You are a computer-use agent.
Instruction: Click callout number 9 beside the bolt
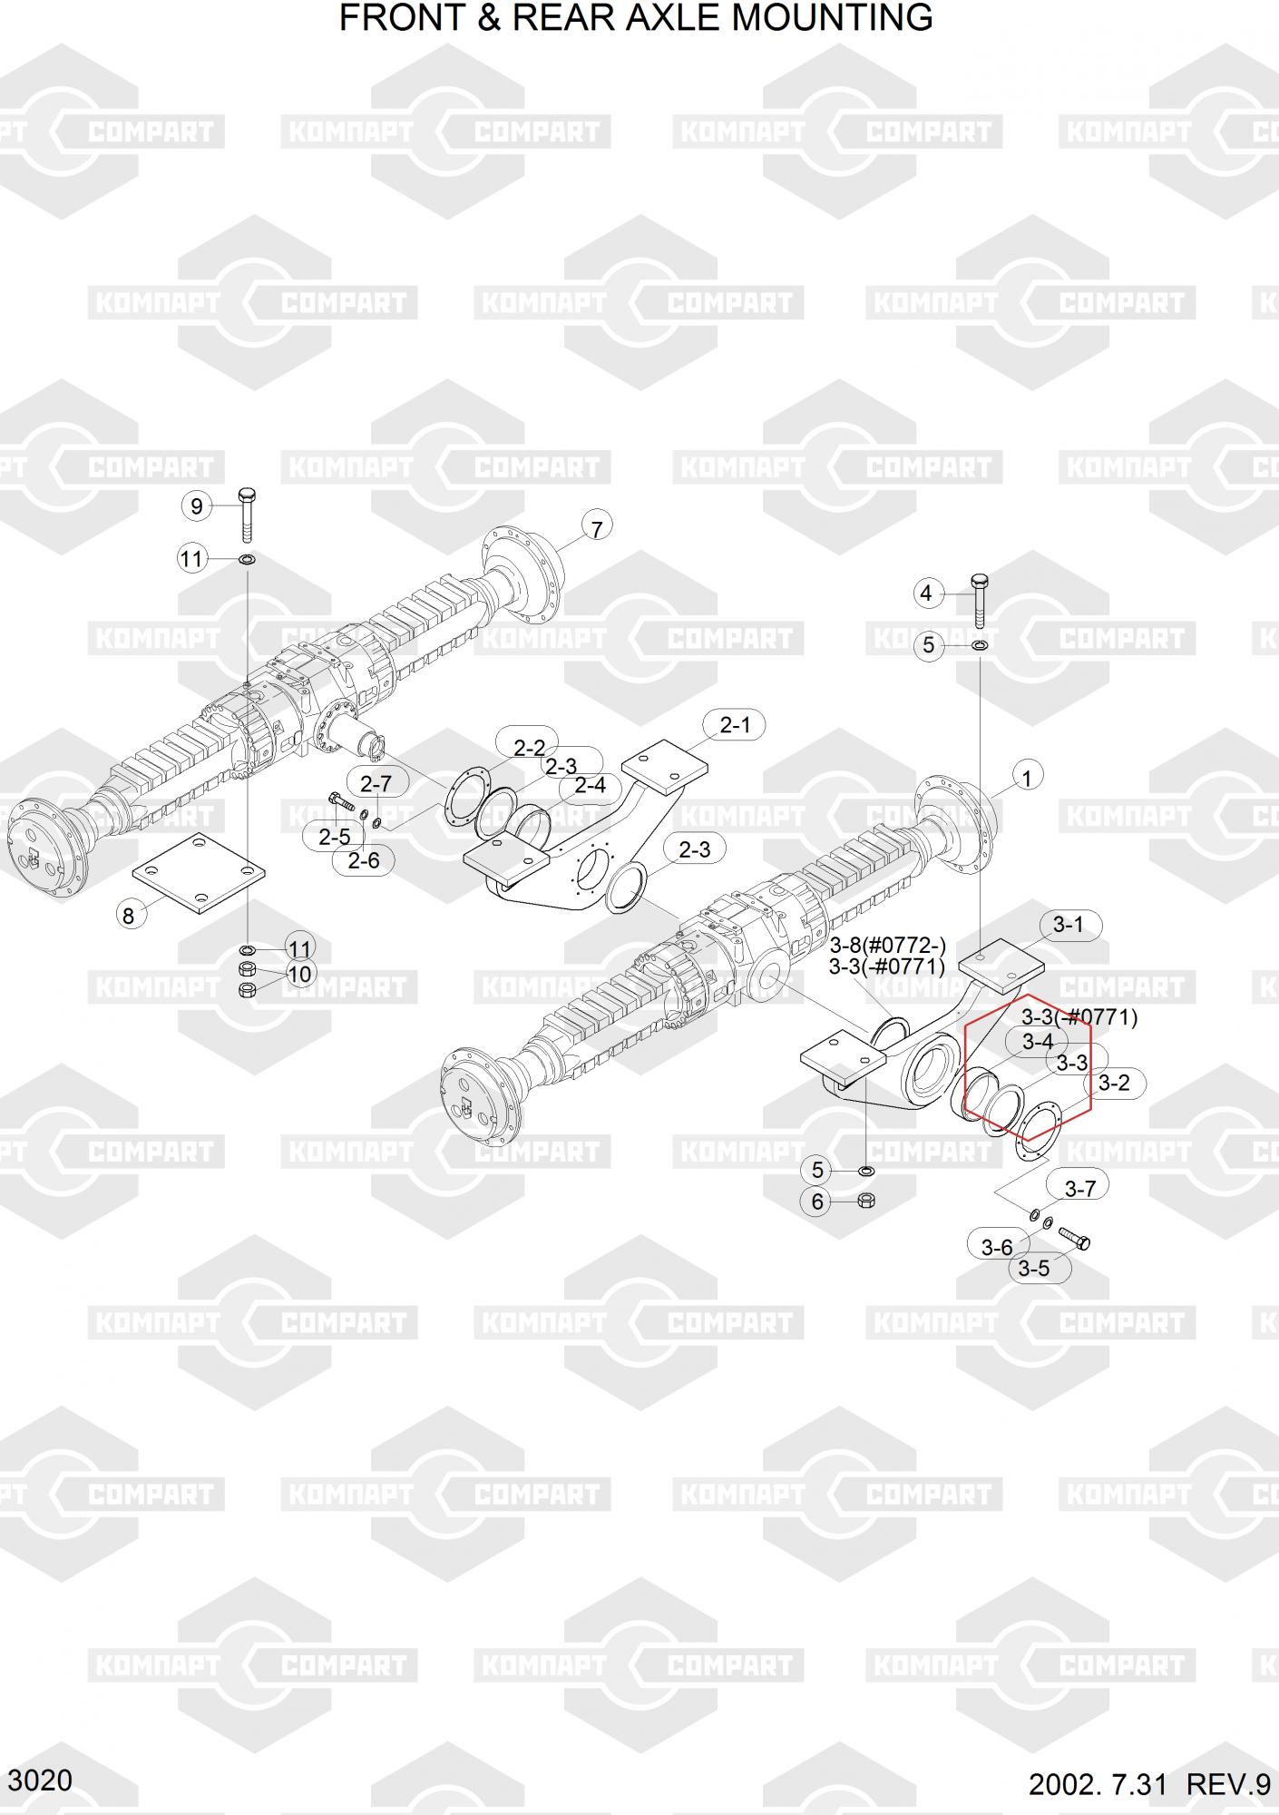[x=197, y=505]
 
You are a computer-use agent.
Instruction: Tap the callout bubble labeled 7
[x=596, y=528]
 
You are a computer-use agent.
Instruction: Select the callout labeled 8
[x=128, y=915]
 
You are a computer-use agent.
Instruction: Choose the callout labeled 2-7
[x=376, y=782]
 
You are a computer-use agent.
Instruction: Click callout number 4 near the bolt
[x=926, y=594]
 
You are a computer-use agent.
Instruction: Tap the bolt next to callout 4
[x=980, y=600]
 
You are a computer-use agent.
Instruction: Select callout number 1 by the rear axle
[x=1027, y=778]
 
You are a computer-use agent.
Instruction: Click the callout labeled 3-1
[x=1068, y=925]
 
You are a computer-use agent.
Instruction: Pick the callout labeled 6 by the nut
[x=817, y=1202]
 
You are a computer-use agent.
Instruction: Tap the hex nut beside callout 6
[x=866, y=1201]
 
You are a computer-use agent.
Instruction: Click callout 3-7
[x=1079, y=1189]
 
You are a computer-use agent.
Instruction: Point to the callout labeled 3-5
[x=1033, y=1268]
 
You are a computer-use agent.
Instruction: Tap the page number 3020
[x=41, y=1780]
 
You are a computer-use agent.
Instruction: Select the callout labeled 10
[x=298, y=974]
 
